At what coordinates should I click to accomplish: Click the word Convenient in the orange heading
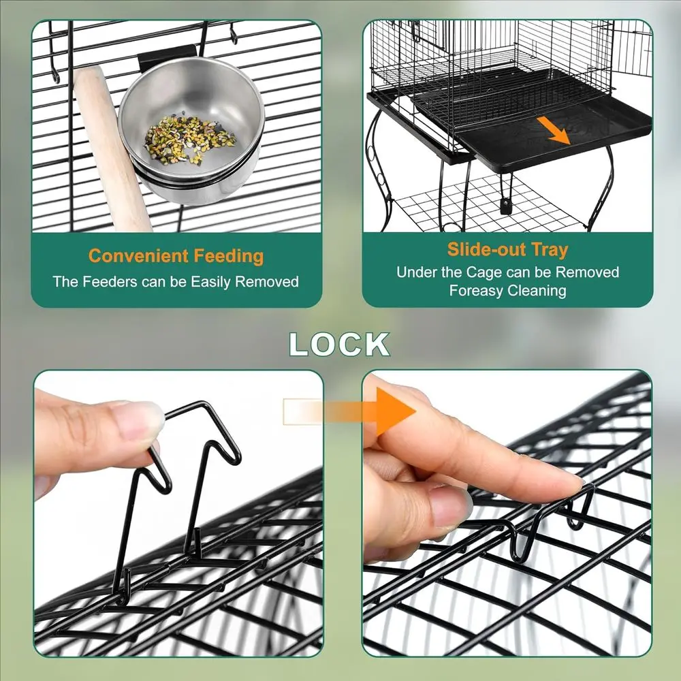point(138,256)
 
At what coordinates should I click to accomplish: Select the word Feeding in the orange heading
point(228,256)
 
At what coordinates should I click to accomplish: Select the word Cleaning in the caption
point(537,290)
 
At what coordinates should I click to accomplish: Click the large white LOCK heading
point(339,345)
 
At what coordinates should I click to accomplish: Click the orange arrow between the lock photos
point(349,411)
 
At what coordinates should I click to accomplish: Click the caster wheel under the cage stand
point(505,206)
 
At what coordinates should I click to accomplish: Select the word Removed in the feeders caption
point(267,282)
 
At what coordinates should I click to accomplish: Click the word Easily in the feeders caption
point(210,283)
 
